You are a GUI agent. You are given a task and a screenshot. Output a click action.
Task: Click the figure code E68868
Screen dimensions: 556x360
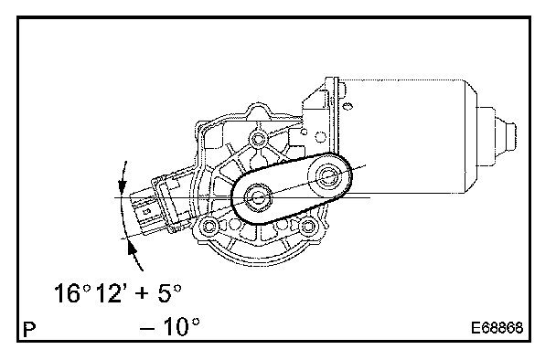point(497,328)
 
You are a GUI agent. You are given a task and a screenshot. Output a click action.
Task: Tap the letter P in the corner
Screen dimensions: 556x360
point(29,330)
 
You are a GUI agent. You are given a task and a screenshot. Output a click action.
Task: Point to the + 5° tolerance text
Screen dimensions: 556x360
point(159,293)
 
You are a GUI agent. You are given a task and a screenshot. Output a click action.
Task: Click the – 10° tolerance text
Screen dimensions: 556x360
point(170,327)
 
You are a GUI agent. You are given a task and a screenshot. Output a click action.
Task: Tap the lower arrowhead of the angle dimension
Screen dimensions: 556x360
point(132,249)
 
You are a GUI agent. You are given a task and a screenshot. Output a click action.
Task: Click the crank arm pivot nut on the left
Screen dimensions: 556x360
point(258,197)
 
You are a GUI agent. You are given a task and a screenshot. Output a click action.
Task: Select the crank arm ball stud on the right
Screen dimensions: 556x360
point(326,175)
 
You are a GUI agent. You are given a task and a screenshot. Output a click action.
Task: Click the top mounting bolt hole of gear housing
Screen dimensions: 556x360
point(258,139)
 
